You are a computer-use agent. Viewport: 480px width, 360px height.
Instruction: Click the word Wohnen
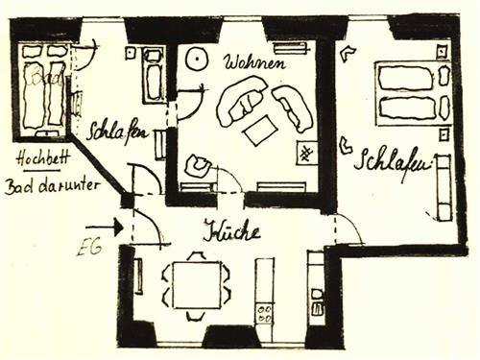point(253,63)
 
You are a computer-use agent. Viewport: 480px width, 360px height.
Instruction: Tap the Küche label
point(230,230)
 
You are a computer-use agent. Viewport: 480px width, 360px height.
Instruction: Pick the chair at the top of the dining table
point(196,256)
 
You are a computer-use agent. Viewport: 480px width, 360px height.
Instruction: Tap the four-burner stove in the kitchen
point(262,313)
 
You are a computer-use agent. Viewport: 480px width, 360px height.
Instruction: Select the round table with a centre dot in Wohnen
point(197,59)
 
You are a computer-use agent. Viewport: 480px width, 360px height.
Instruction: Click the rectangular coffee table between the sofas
point(260,129)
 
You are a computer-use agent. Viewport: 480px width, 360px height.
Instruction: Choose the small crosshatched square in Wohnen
point(308,153)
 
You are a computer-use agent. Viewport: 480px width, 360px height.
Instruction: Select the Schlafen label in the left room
point(119,131)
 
